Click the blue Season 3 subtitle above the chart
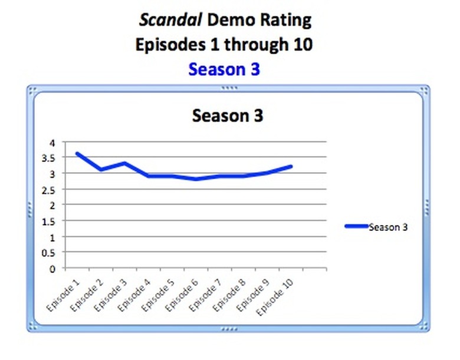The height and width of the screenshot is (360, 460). click(224, 70)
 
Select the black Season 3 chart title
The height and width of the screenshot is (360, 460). click(227, 115)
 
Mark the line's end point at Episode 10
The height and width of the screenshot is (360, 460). click(291, 166)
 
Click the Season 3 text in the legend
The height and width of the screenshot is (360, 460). click(387, 227)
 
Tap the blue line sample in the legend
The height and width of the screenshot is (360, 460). click(356, 226)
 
